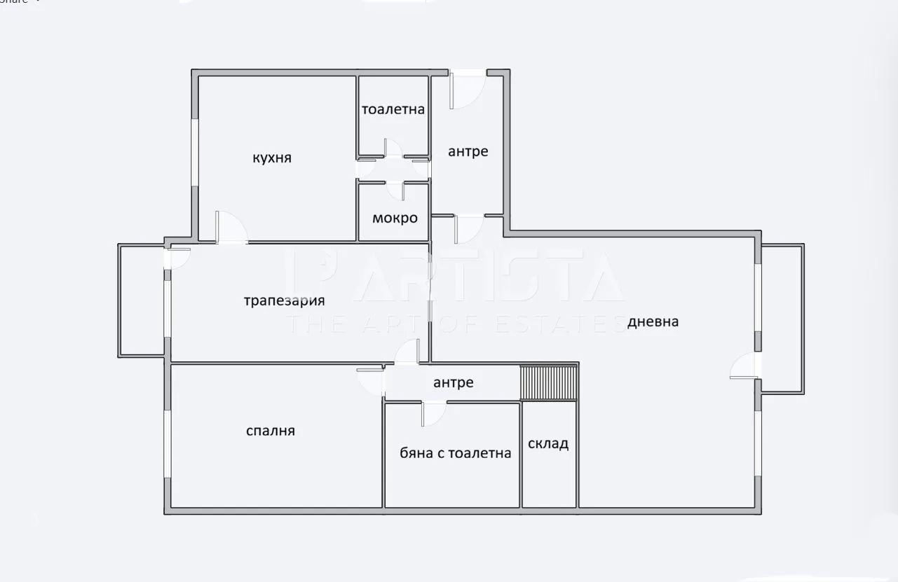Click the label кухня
pos(272,158)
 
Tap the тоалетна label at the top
pos(393,109)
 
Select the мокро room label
pos(395,218)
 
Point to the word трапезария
pos(285,301)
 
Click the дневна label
pos(653,321)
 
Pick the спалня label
pos(271,431)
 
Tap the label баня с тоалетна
pos(455,453)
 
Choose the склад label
pos(548,444)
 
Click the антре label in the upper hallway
pos(468,151)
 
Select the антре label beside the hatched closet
pos(454,382)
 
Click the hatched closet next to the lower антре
pos(549,382)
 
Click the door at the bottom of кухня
pos(230,228)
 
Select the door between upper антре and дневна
pos(468,228)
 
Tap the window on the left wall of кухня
pos(195,152)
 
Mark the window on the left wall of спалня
pos(168,444)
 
